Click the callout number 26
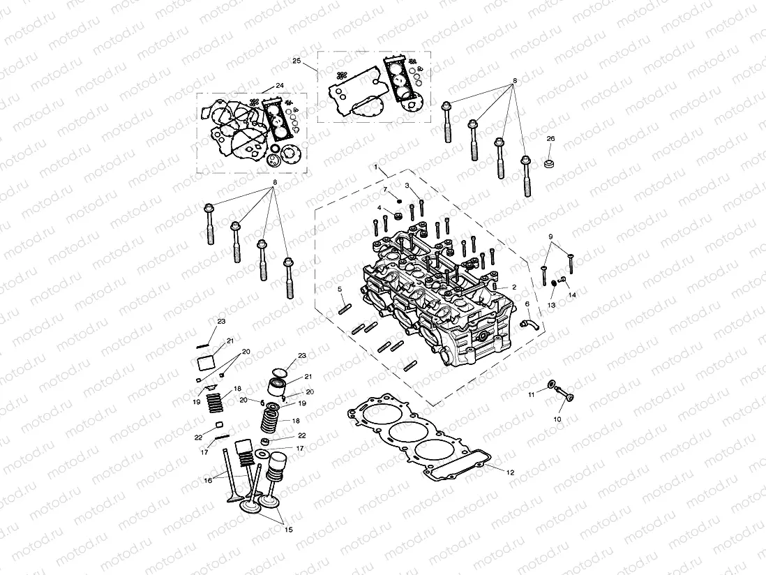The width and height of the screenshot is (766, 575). [550, 139]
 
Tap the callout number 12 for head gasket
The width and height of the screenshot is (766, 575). [510, 472]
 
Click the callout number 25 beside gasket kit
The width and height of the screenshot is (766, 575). [296, 61]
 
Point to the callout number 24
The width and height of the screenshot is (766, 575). [279, 85]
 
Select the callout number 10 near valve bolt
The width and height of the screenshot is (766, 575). [557, 419]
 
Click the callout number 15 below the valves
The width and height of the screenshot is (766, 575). [288, 530]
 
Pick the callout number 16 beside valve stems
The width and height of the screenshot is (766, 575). [208, 481]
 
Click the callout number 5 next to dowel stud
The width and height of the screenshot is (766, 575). [339, 289]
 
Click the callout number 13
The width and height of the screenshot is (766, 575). [551, 305]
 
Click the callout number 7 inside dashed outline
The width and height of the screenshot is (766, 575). [384, 189]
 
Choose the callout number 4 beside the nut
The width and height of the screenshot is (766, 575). [379, 208]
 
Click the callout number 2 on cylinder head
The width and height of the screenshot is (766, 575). [514, 287]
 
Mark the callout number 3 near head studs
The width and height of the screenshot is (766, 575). [406, 185]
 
